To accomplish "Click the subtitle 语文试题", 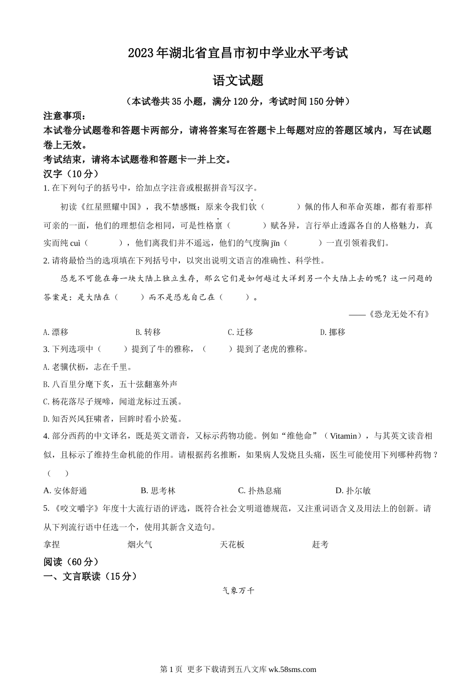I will tap(238, 81).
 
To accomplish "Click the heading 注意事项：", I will tap(65, 116).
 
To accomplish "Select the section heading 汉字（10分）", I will tap(71, 174).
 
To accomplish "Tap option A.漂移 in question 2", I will tap(56, 332).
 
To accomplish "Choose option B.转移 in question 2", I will tap(148, 332).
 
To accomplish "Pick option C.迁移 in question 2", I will tap(241, 332).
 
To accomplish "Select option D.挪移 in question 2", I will tap(333, 332).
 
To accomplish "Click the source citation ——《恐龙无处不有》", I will tap(389, 314).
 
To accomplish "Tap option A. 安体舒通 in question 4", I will tap(66, 490).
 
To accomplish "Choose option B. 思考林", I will tap(158, 490).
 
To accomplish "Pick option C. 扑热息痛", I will tap(260, 490).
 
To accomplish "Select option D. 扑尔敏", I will tap(353, 490).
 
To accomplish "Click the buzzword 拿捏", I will tap(52, 544).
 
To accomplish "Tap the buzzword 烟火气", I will tap(140, 544).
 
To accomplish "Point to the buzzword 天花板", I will tap(232, 544).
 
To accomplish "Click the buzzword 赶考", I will tap(321, 544).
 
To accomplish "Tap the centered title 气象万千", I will tap(238, 591).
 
